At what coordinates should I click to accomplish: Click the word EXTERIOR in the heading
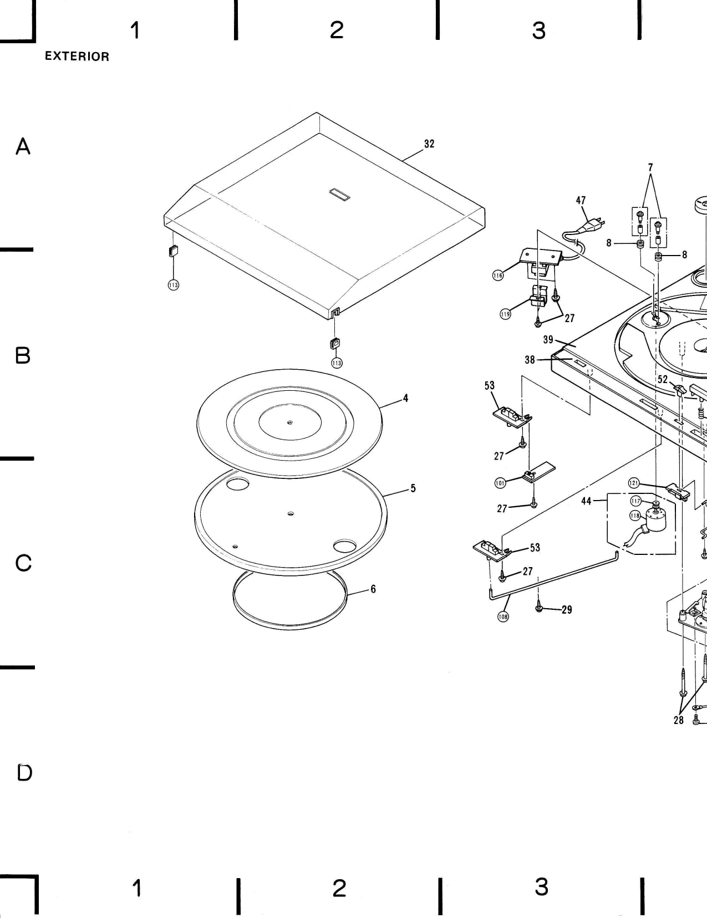click(x=77, y=57)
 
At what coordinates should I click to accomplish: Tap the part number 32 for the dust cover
click(x=429, y=144)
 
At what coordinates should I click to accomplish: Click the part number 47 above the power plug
click(x=581, y=200)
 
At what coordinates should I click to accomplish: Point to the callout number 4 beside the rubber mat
click(x=406, y=398)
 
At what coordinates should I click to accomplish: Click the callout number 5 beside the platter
click(x=413, y=488)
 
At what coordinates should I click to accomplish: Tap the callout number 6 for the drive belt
click(x=373, y=589)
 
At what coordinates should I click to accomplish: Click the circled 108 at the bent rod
click(x=503, y=616)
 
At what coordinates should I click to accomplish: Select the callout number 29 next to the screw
click(x=567, y=610)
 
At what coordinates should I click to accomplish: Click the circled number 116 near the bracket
click(x=498, y=275)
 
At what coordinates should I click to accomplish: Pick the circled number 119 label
click(x=505, y=314)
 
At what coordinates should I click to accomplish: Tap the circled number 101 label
click(x=500, y=482)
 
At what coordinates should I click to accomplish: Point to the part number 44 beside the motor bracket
click(x=587, y=501)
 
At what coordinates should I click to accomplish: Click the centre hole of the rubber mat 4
click(x=290, y=422)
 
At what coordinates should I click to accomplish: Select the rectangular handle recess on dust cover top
click(x=339, y=195)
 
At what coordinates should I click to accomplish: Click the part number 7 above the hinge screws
click(x=650, y=167)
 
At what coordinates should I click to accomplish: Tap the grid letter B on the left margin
click(x=23, y=355)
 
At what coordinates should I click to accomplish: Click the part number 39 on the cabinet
click(x=548, y=339)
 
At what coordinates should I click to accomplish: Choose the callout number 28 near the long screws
click(x=679, y=720)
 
